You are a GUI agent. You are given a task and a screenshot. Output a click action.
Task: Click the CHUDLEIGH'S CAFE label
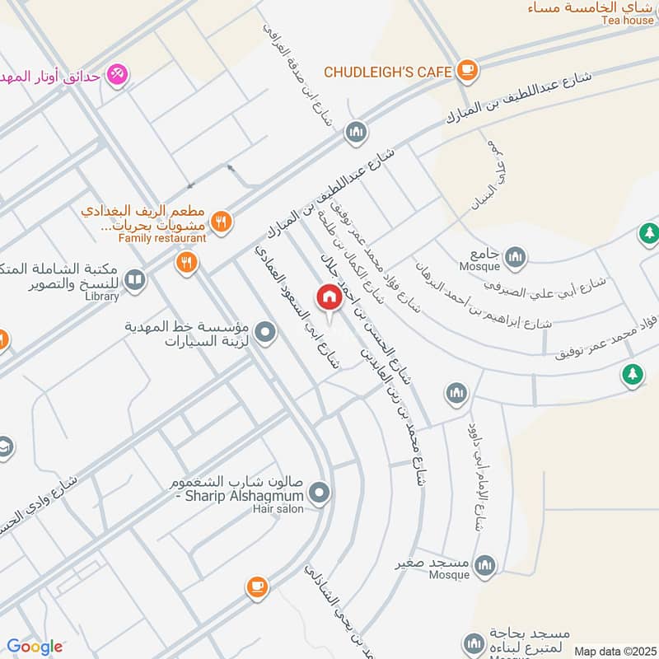point(387,72)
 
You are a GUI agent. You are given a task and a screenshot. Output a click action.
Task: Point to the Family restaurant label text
point(161,238)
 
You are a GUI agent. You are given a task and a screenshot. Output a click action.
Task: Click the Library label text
point(102,296)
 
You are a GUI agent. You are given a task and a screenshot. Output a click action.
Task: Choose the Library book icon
point(135,281)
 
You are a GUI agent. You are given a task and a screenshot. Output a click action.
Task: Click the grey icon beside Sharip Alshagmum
point(320,494)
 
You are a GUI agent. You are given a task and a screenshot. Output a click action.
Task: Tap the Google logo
point(35,647)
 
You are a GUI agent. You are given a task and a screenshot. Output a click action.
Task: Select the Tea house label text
point(627,21)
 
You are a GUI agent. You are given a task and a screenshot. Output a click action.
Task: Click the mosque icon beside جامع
point(515,256)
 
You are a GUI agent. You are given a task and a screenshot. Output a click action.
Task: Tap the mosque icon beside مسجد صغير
point(486,565)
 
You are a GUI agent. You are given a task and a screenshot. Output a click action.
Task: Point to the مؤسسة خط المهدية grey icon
point(264,333)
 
